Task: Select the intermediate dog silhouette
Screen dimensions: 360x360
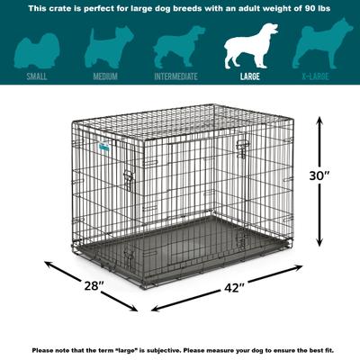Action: pyautogui.click(x=176, y=45)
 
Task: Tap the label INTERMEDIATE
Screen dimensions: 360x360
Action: pyautogui.click(x=176, y=76)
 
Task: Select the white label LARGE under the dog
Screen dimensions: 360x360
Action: pyautogui.click(x=250, y=76)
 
